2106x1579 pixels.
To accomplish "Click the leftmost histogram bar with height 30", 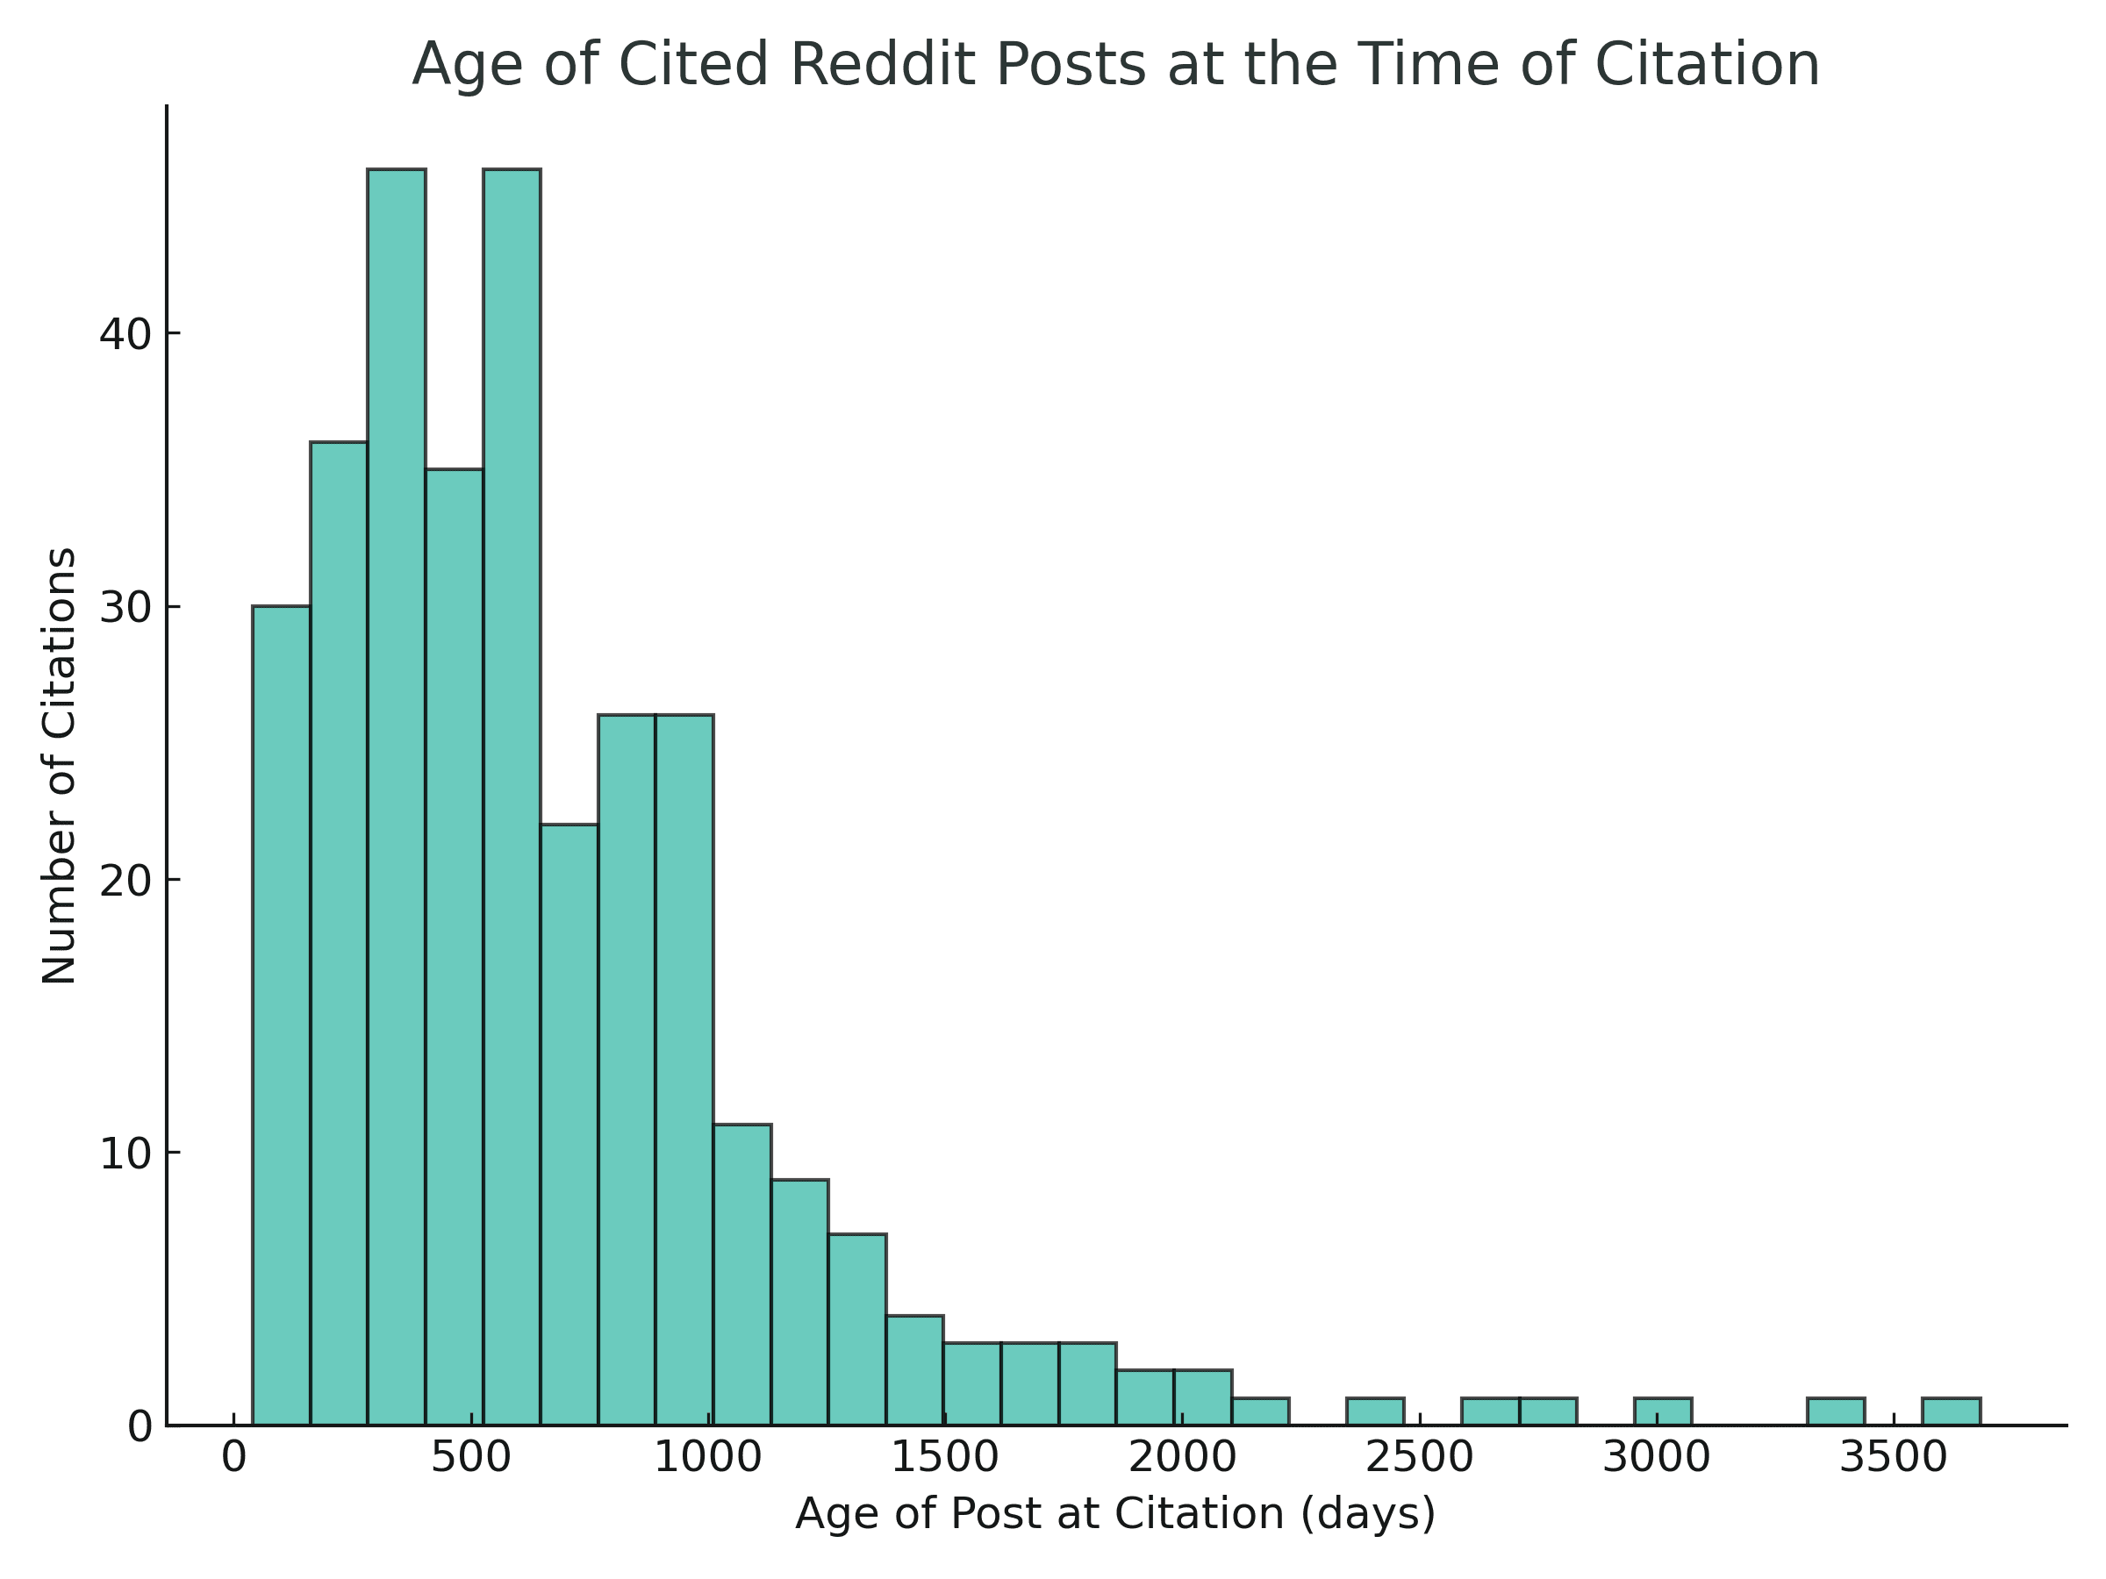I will (281, 1015).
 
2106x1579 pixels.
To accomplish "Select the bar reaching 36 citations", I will (339, 932).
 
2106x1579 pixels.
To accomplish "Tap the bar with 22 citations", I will (569, 1124).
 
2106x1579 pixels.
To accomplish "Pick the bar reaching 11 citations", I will (741, 1275).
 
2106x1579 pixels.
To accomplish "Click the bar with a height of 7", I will (856, 1329).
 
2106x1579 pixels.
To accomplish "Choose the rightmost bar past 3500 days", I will (1951, 1411).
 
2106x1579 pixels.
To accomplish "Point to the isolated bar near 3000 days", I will (1662, 1411).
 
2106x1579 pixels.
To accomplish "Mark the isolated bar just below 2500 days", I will (1375, 1411).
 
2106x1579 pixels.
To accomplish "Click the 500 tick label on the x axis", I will (471, 1458).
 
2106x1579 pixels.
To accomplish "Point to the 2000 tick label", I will (1181, 1458).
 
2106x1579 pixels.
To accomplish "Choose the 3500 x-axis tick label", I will (1893, 1458).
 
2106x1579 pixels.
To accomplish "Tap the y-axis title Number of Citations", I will (59, 765).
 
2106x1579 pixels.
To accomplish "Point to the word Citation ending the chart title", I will (1707, 65).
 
